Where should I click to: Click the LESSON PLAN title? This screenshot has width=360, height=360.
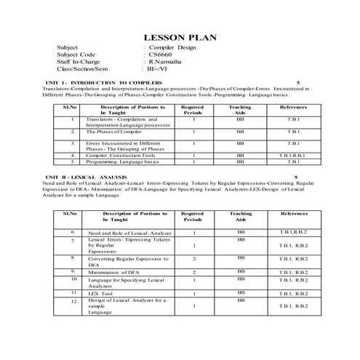[179, 36]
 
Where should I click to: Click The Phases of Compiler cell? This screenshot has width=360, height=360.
[113, 132]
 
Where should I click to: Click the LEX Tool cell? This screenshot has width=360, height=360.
[102, 293]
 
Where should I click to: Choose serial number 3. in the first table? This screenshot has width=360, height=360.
[74, 143]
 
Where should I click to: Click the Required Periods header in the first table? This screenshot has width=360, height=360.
[192, 110]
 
